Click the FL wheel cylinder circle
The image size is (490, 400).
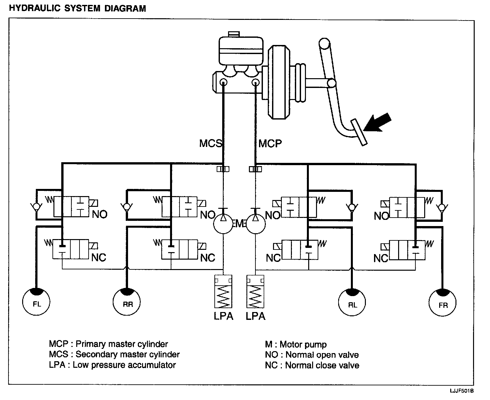pyautogui.click(x=36, y=302)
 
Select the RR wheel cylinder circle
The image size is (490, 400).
pyautogui.click(x=127, y=302)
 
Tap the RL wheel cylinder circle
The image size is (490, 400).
pyautogui.click(x=352, y=302)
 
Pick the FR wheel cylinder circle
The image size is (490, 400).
pyautogui.click(x=442, y=302)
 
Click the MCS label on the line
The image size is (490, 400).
pyautogui.click(x=210, y=143)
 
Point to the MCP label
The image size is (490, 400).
pyautogui.click(x=270, y=144)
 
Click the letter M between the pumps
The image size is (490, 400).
pyautogui.click(x=239, y=223)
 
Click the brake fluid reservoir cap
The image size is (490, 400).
pyautogui.click(x=234, y=34)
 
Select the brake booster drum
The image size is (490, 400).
pyautogui.click(x=279, y=82)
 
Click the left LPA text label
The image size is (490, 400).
pyautogui.click(x=223, y=316)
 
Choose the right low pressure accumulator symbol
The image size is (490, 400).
pyautogui.click(x=255, y=292)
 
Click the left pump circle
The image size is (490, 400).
pyautogui.click(x=223, y=224)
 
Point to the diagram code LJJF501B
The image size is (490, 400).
pyautogui.click(x=462, y=391)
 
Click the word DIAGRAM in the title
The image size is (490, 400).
pyautogui.click(x=125, y=8)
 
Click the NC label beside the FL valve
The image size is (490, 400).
pyautogui.click(x=99, y=258)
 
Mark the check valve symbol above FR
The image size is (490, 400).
pyautogui.click(x=442, y=207)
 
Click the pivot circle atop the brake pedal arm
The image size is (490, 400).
pyautogui.click(x=324, y=43)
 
